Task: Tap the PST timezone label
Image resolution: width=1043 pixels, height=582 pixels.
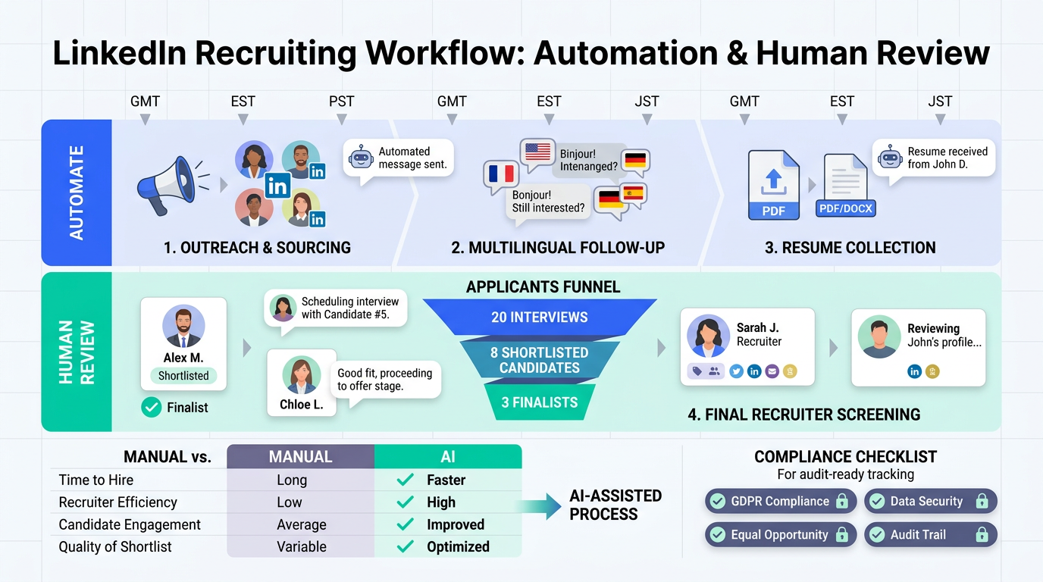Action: (341, 102)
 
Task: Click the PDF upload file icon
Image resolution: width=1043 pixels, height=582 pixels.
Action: (773, 185)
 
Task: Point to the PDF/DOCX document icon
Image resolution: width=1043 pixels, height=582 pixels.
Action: (846, 186)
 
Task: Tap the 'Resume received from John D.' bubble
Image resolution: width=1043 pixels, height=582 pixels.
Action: (933, 158)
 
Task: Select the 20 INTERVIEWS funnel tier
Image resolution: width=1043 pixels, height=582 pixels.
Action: (539, 318)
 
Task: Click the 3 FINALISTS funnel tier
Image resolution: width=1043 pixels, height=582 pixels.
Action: (539, 402)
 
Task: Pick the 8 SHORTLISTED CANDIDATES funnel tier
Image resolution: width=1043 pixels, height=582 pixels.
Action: (539, 360)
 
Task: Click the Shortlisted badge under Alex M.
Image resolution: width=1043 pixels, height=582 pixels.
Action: (183, 375)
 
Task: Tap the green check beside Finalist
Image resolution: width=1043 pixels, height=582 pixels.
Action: (152, 408)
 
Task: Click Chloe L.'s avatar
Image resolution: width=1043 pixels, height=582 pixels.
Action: (301, 374)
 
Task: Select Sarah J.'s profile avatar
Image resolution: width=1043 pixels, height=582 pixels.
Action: (708, 336)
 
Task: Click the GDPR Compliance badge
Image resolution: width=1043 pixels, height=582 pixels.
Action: (780, 502)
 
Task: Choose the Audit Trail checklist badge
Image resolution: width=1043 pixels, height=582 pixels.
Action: (930, 535)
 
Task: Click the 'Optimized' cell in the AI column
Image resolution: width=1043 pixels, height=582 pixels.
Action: (458, 546)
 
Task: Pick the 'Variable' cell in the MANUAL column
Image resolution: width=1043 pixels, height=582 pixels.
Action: (301, 546)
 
